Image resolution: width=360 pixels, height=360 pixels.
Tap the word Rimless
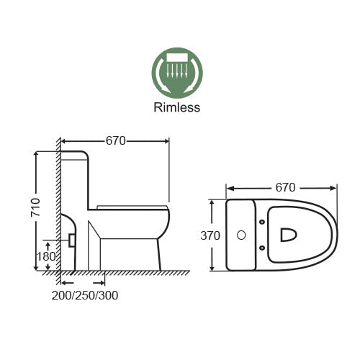(x=176, y=108)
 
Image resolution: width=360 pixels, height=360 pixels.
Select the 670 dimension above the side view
(x=116, y=141)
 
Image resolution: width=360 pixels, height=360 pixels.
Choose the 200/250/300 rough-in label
(x=85, y=295)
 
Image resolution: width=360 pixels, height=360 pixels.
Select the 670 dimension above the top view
(x=285, y=188)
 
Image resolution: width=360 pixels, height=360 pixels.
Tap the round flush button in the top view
(x=242, y=235)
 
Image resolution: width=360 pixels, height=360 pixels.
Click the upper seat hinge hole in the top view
(x=262, y=222)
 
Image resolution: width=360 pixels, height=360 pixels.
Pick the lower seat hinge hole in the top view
(x=262, y=248)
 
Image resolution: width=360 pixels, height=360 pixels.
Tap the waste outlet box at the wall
(x=71, y=239)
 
